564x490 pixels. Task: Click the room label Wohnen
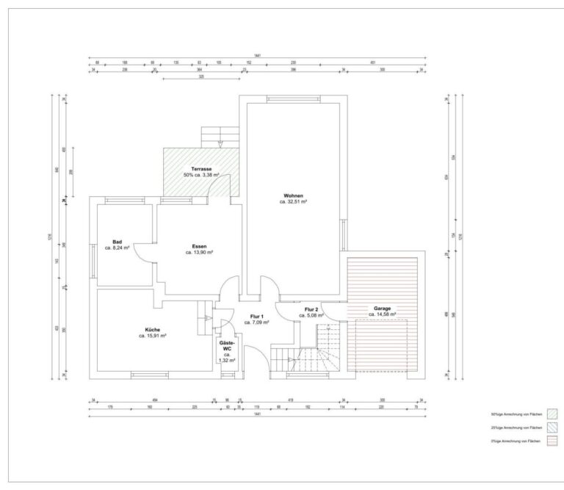point(292,195)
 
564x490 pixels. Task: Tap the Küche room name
point(152,330)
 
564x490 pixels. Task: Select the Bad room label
point(117,242)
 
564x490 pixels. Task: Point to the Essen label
point(199,245)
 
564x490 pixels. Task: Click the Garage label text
point(381,309)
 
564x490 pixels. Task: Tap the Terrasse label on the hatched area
point(201,169)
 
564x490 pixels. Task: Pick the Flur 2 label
point(311,310)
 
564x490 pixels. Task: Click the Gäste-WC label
point(227,345)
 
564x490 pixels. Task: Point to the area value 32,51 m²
point(293,201)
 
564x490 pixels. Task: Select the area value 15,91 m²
point(153,336)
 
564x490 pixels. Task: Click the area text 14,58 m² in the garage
point(382,314)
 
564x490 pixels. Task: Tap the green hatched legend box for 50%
point(552,415)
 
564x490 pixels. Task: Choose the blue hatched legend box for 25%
point(552,428)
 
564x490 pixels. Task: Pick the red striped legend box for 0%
point(552,440)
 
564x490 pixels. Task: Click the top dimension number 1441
point(257,56)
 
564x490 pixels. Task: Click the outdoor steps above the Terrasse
point(220,137)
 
